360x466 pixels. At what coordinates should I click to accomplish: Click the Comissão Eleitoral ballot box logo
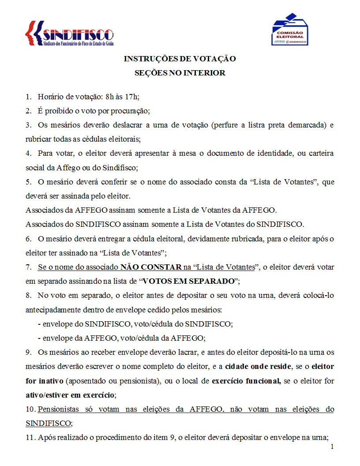(x=289, y=30)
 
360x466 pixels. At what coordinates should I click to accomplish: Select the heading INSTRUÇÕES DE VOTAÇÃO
(x=180, y=59)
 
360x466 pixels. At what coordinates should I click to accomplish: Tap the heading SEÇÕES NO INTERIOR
(x=180, y=73)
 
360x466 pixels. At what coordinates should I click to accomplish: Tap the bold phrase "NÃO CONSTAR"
(x=151, y=267)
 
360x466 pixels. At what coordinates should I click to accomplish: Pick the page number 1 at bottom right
(x=332, y=447)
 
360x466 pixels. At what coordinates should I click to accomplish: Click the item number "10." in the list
(x=30, y=409)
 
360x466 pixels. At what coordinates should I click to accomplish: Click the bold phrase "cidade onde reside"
(x=251, y=366)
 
